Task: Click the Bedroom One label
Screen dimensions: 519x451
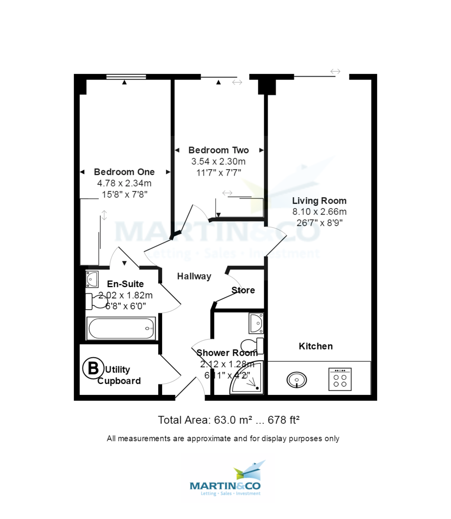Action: point(124,172)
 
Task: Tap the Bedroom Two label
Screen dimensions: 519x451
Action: point(218,150)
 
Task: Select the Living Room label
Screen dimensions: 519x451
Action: point(319,201)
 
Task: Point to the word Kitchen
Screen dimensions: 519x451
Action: point(316,346)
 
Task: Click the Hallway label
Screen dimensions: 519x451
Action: point(194,276)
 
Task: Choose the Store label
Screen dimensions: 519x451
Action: point(243,290)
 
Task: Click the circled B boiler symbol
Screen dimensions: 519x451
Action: point(93,368)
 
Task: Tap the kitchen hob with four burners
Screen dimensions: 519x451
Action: point(340,379)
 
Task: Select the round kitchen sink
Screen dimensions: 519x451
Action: point(297,380)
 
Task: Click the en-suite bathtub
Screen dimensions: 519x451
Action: point(122,329)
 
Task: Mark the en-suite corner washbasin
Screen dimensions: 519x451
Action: point(92,279)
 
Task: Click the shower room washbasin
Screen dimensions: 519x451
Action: point(256,323)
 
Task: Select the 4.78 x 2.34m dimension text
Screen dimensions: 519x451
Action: point(124,183)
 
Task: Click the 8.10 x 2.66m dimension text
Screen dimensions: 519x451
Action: point(319,212)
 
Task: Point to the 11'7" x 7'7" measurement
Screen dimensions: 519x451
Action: point(218,173)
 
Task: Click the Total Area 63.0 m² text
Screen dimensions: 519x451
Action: point(229,420)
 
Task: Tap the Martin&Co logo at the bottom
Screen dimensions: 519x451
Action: point(225,481)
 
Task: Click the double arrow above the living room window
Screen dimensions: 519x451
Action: point(336,71)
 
